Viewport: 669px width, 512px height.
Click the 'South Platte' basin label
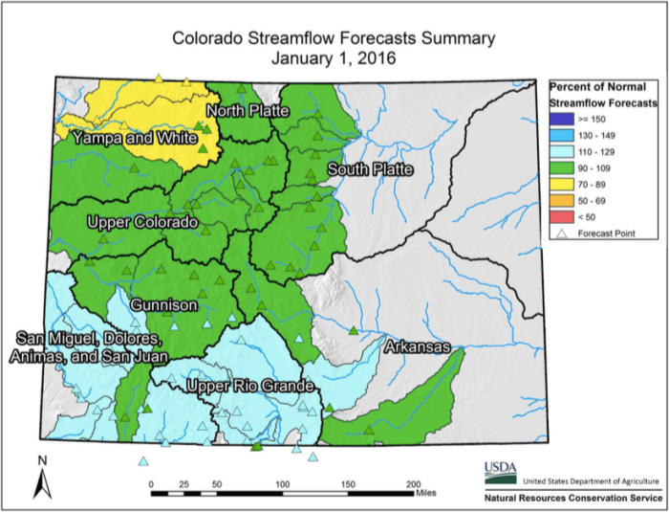[370, 170]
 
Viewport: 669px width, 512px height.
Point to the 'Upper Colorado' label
[142, 223]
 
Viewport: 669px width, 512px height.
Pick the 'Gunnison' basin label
[165, 304]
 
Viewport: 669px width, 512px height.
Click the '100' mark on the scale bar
[282, 484]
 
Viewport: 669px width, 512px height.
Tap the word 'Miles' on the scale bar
[426, 495]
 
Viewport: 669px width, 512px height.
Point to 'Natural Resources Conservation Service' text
[572, 498]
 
